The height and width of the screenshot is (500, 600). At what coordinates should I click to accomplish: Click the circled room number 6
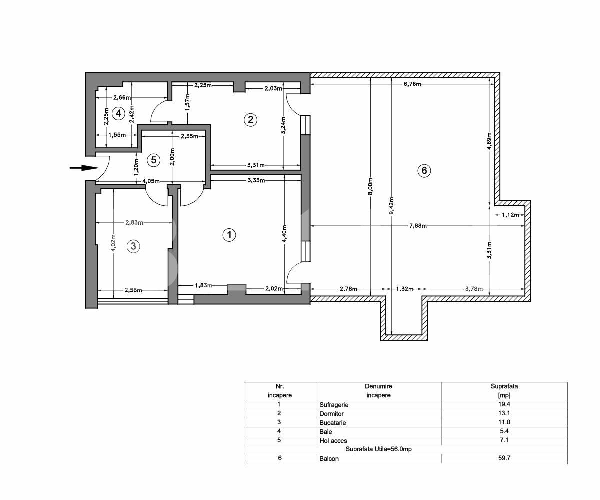pos(424,171)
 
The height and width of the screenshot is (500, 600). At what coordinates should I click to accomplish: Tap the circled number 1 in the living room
pos(229,235)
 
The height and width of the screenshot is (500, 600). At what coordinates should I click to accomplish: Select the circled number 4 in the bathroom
pos(118,113)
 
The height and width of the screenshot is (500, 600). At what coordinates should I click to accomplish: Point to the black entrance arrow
pos(83,168)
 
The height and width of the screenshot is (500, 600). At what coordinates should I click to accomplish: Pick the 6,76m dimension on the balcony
pos(412,84)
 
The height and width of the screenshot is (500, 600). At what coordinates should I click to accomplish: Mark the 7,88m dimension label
pos(418,226)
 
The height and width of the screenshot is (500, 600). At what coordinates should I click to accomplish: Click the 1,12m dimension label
pos(508,215)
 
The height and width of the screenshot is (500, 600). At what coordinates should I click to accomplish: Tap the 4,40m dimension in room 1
pos(284,232)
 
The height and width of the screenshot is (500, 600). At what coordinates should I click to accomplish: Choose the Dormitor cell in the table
pos(331,413)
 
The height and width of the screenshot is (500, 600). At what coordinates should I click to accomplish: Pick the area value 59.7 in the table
pos(504,458)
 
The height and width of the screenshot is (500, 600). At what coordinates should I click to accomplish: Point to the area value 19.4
pos(504,404)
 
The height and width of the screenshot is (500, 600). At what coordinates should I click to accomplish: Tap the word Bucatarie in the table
pos(333,422)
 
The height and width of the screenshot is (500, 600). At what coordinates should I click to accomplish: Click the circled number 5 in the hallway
pos(153,160)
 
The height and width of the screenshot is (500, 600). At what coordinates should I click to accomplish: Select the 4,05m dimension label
pos(151,181)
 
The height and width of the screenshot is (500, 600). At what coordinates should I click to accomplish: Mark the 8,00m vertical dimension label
pos(370,186)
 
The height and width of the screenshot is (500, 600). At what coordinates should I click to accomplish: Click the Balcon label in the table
pos(329,458)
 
